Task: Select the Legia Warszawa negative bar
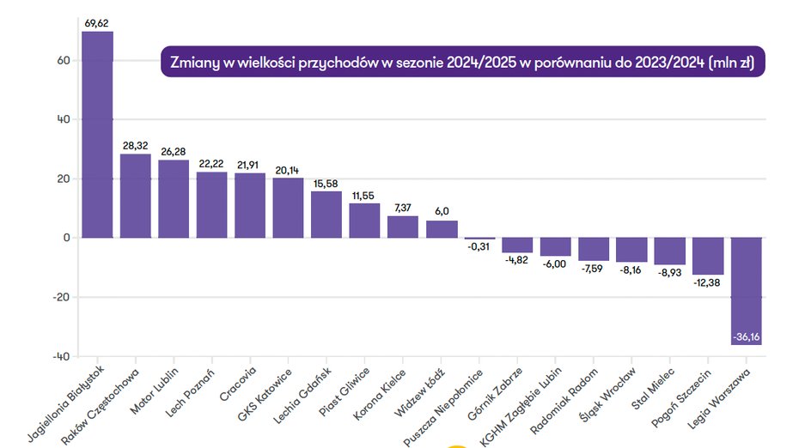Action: tap(746, 291)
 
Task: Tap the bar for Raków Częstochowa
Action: tap(135, 196)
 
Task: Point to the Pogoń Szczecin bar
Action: tap(707, 256)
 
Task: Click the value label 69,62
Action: tap(97, 23)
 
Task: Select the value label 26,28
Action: tap(174, 152)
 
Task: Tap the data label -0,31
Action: tap(479, 247)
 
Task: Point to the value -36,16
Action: tap(746, 337)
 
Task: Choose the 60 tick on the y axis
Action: tap(64, 61)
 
